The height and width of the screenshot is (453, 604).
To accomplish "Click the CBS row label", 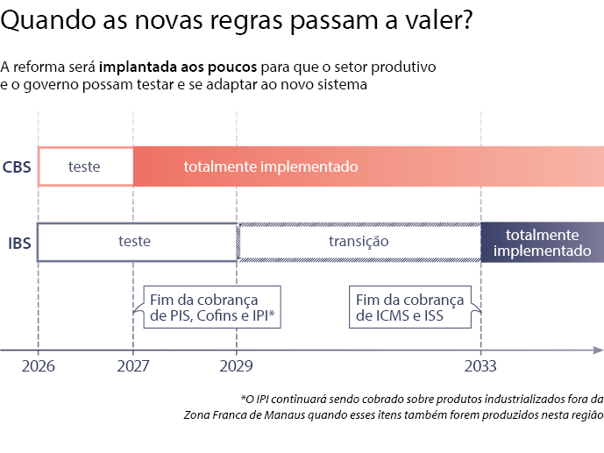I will [x=17, y=166].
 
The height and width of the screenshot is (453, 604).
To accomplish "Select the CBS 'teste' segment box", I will [x=85, y=166].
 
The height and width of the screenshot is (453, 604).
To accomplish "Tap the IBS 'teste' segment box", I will [x=137, y=242].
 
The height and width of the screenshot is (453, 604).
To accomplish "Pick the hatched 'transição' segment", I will [x=359, y=242].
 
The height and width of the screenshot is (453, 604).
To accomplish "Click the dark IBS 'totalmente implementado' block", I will [x=542, y=242].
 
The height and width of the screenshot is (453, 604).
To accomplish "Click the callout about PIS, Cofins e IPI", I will [x=211, y=307].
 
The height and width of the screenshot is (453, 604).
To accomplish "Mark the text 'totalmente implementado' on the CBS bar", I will [x=270, y=166].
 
